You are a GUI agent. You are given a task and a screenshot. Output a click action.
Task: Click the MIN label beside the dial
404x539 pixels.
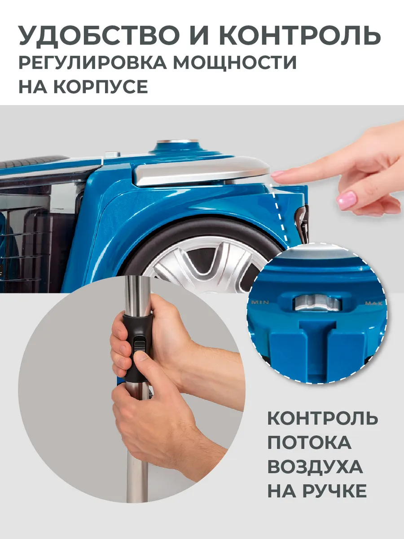click(x=260, y=302)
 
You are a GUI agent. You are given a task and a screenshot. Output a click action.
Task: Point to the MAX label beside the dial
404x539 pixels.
click(x=373, y=303)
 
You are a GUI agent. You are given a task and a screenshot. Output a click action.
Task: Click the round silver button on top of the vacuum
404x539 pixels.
click(x=177, y=141)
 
